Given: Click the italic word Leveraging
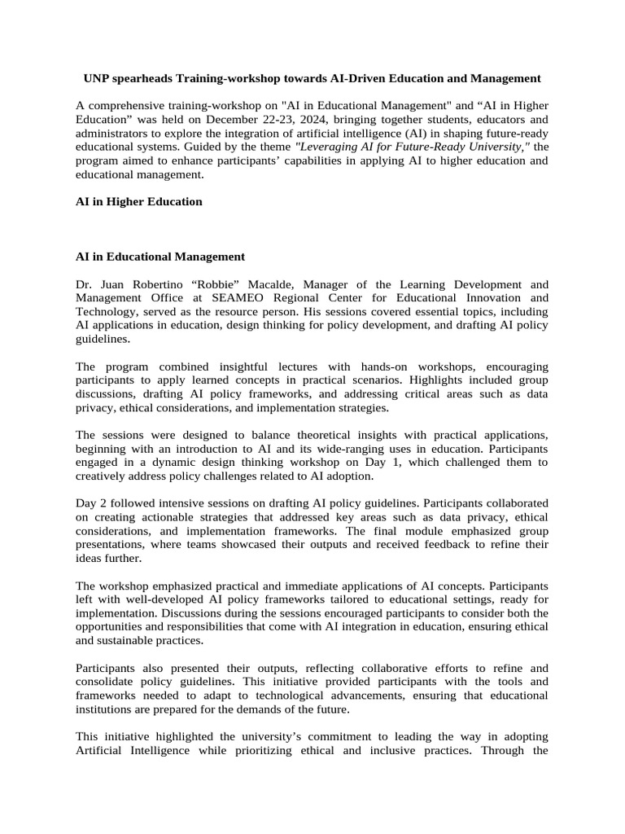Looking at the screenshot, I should coord(328,147).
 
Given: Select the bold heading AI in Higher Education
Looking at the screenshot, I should coord(138,201).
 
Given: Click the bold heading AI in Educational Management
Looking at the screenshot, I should coord(160,257).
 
